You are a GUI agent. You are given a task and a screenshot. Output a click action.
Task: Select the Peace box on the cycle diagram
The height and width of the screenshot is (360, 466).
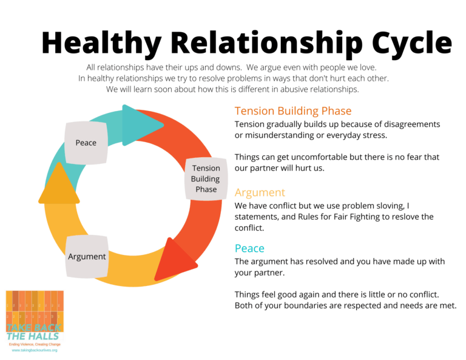tap(86, 143)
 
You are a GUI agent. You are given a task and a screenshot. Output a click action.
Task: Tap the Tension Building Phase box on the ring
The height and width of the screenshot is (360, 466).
tap(206, 178)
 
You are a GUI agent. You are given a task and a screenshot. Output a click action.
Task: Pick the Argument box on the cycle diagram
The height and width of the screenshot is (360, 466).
tap(87, 256)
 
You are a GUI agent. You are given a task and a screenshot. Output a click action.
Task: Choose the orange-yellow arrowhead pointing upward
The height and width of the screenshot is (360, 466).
tap(59, 183)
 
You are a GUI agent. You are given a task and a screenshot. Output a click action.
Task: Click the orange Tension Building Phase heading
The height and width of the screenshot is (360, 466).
tap(292, 111)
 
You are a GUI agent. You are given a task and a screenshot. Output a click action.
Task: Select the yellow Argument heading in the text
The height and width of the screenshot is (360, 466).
tap(259, 192)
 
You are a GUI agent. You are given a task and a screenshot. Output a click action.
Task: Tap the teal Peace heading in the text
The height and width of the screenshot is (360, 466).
tap(249, 248)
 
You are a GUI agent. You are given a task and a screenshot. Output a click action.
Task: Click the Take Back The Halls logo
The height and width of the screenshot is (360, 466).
tap(34, 316)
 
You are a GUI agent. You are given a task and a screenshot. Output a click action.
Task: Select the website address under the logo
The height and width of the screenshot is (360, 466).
tap(34, 350)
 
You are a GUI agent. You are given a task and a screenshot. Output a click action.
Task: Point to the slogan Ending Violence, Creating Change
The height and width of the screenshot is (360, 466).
tap(34, 344)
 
